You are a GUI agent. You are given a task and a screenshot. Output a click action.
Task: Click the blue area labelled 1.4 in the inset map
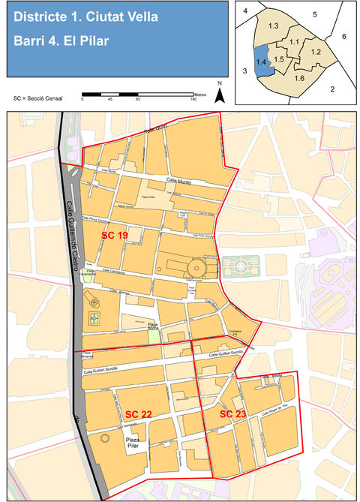(x=262, y=62)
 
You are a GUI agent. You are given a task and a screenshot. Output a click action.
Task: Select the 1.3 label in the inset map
(x=273, y=26)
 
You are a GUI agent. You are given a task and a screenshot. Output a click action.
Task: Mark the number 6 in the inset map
(x=343, y=36)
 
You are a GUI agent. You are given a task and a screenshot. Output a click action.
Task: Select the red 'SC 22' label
(x=139, y=414)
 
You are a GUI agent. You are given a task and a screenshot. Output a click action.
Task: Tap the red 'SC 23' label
(x=232, y=413)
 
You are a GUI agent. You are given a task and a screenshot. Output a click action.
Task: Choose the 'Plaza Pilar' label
(x=133, y=443)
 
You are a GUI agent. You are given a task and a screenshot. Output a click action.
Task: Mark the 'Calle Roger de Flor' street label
(x=274, y=412)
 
